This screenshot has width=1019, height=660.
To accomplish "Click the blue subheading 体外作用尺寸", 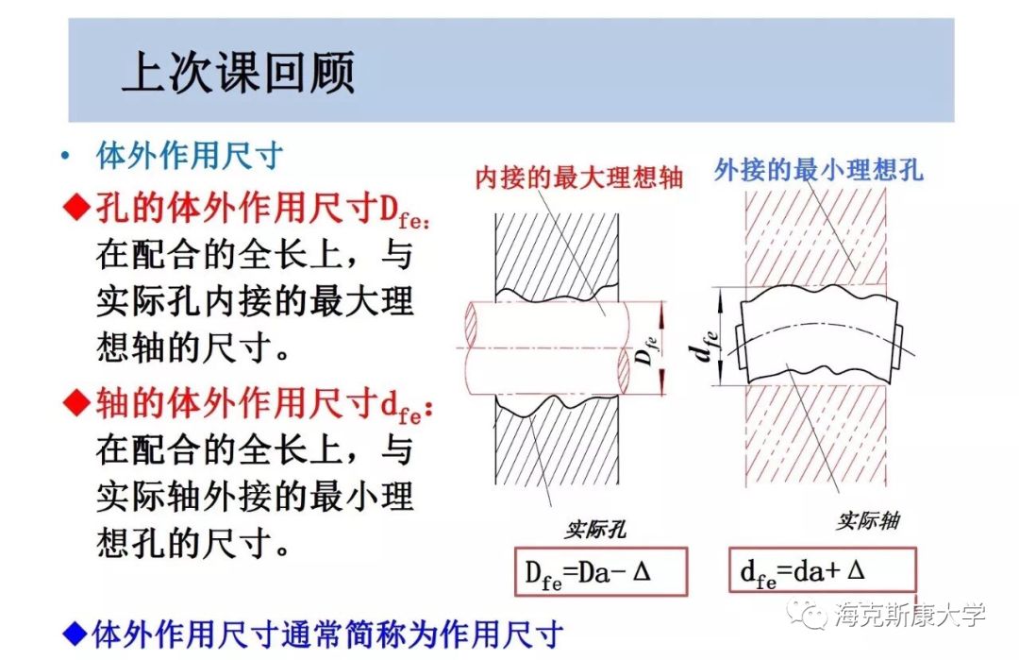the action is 190,156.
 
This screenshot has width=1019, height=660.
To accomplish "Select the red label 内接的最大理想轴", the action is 578,178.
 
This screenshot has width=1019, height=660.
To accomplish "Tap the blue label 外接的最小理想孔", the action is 818,170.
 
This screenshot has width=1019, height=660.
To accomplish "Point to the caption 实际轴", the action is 867,520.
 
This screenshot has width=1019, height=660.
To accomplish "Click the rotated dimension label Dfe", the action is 645,348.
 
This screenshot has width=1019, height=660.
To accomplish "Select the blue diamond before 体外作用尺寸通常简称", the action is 74,632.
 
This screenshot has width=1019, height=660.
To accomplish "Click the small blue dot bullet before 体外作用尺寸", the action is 64,157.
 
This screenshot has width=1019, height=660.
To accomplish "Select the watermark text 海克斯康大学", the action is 910,615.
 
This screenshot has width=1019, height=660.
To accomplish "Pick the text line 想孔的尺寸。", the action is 192,542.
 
